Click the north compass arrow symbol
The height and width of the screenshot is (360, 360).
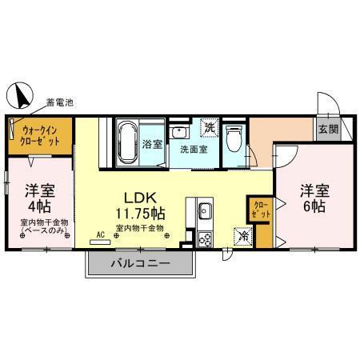click(20, 96)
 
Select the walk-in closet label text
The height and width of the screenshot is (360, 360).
click(41, 134)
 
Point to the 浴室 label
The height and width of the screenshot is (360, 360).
click(152, 146)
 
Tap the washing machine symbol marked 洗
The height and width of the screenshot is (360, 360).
click(209, 127)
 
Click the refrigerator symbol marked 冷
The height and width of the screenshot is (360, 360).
click(242, 237)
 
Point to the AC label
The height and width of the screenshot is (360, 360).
click(101, 234)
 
